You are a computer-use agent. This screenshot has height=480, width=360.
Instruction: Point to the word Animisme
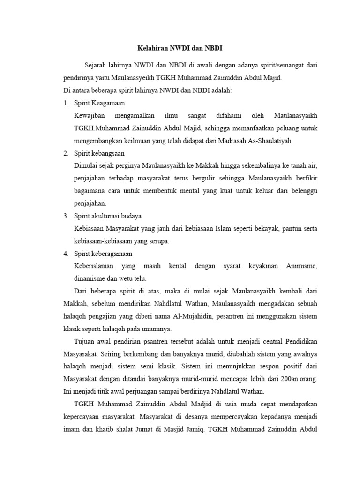click(302, 266)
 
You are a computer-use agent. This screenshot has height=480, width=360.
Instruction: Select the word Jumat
click(160, 429)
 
